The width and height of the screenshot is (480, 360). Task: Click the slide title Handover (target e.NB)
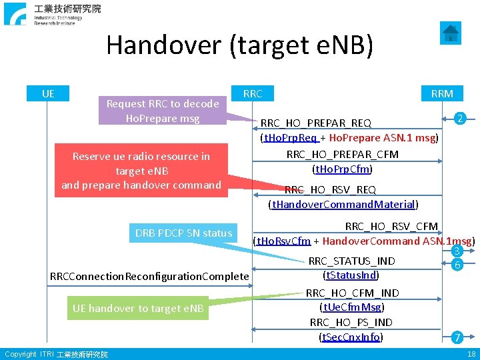click(x=239, y=45)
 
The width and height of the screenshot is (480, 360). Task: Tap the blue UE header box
click(x=48, y=93)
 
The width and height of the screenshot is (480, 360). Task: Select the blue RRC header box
click(x=253, y=93)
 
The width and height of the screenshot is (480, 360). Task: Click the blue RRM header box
click(x=442, y=93)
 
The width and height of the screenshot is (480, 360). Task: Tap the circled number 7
click(x=457, y=337)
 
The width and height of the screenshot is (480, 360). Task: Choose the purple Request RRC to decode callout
click(x=163, y=111)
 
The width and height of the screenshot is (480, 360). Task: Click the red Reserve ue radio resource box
click(x=141, y=170)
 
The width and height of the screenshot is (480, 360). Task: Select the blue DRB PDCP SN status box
click(x=183, y=233)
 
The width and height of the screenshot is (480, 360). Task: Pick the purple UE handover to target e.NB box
click(x=139, y=308)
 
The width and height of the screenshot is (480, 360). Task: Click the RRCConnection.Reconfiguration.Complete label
click(x=149, y=276)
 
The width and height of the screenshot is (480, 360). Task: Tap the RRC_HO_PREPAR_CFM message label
click(x=342, y=155)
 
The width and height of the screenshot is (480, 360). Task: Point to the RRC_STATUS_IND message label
click(x=351, y=261)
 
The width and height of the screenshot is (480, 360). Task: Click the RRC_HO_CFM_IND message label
click(x=352, y=293)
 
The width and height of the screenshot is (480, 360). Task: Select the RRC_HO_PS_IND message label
click(x=351, y=323)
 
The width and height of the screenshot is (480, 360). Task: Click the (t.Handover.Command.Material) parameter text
click(x=343, y=204)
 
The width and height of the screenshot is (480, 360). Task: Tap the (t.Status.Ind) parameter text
click(x=351, y=275)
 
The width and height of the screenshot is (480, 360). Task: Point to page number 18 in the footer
click(x=471, y=354)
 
